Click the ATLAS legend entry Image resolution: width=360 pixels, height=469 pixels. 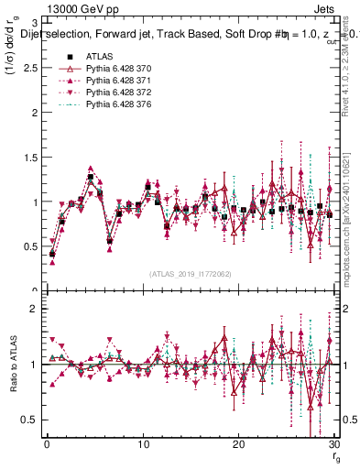[x=99, y=56]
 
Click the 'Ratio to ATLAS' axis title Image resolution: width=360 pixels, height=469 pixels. [x=14, y=365]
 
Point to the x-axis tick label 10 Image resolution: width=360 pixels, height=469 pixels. [x=143, y=444]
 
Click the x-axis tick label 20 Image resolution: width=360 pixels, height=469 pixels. [x=239, y=444]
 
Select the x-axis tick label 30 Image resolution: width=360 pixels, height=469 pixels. [x=333, y=444]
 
